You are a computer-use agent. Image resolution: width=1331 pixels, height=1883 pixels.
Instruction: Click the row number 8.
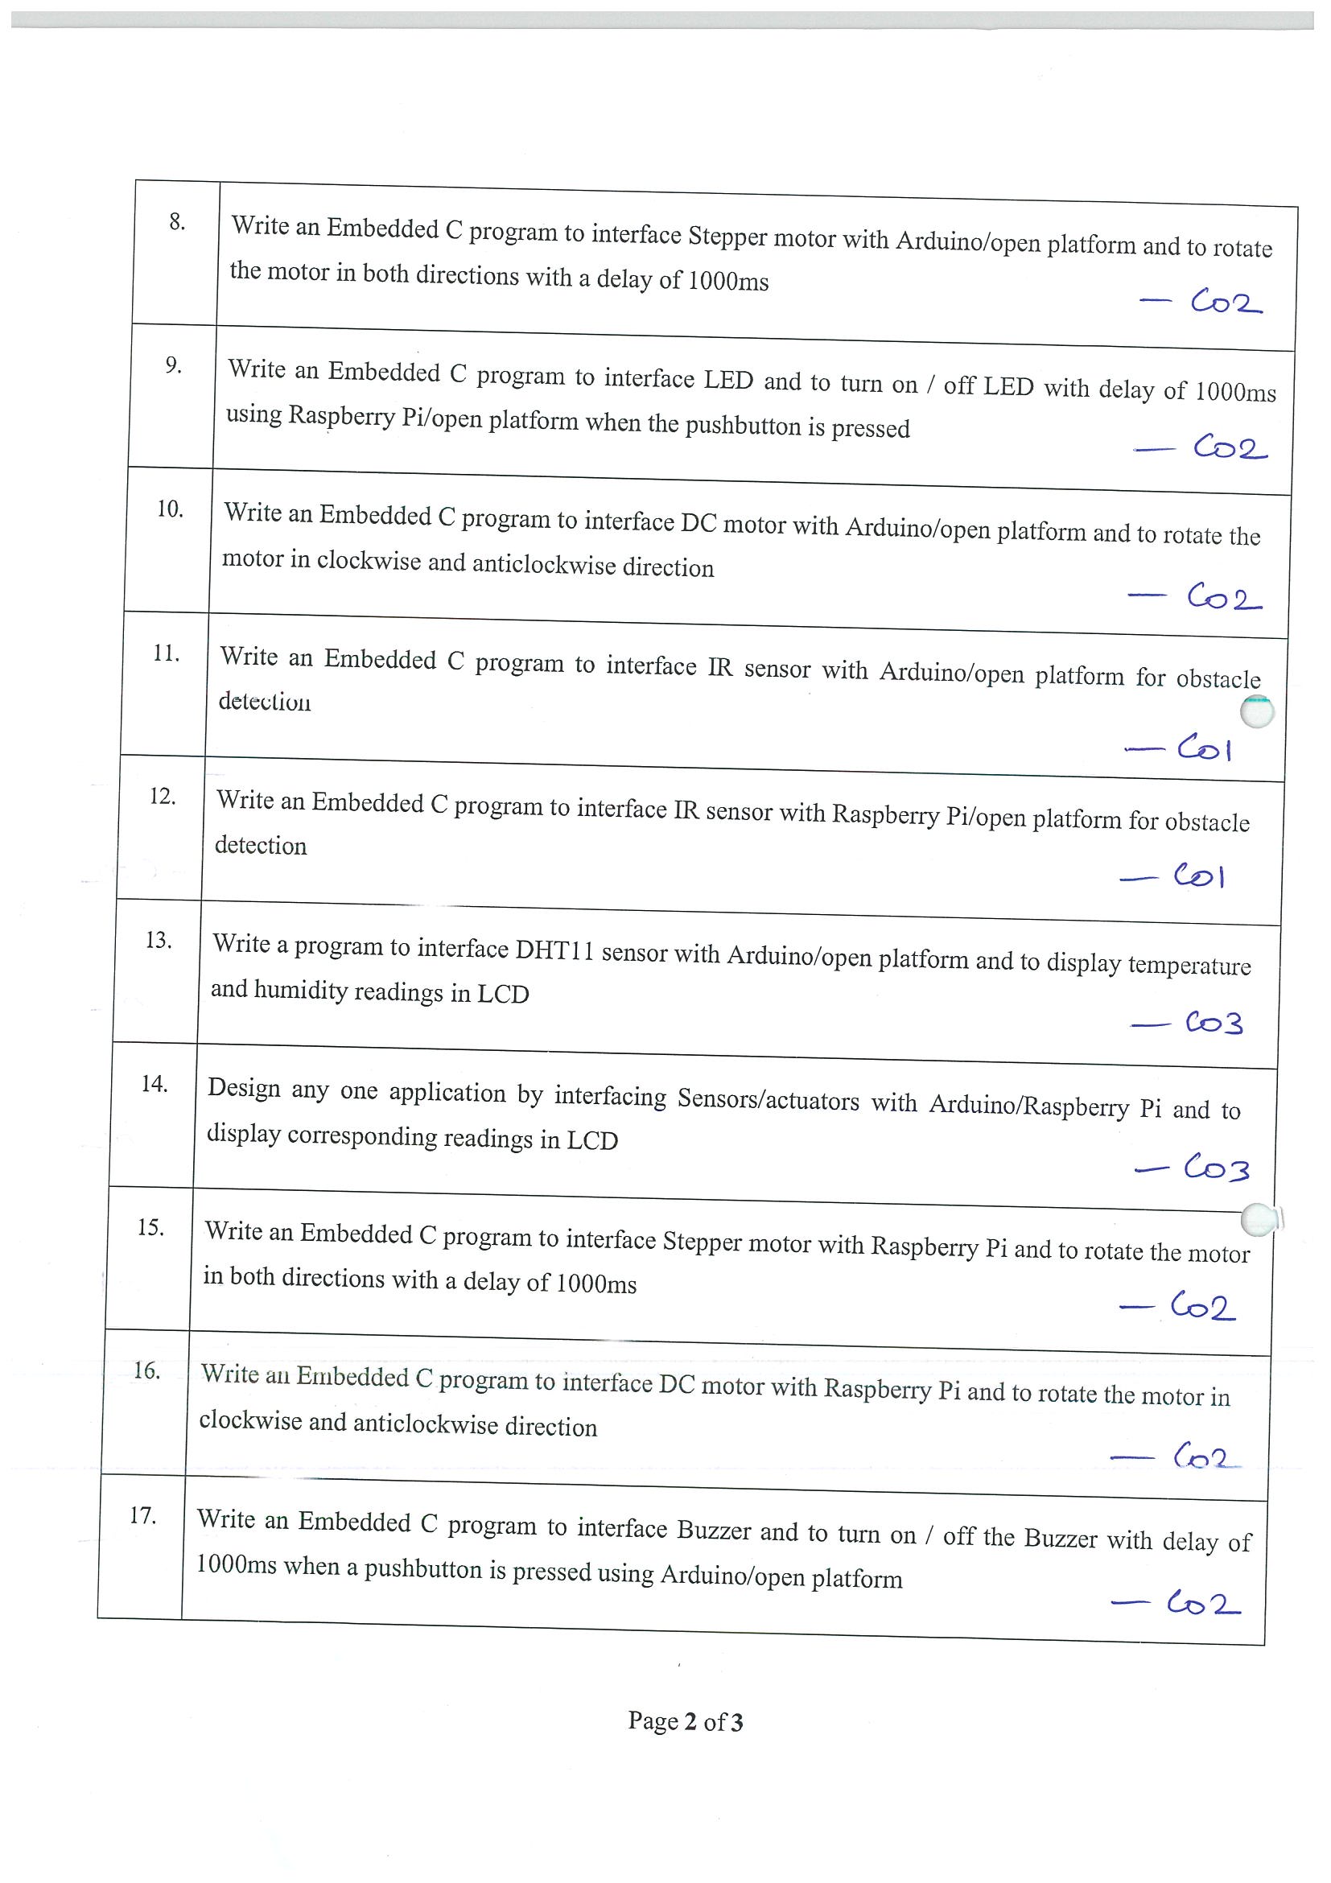177,221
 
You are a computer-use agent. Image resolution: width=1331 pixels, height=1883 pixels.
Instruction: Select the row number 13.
159,941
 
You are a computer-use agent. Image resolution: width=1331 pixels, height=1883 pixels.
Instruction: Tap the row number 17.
142,1515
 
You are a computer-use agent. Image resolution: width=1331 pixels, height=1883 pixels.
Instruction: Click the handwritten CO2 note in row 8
1226,303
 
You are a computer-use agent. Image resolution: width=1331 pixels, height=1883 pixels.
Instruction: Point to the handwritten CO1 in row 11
1203,748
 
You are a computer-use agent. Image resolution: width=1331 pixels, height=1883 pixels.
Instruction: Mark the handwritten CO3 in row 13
1213,1023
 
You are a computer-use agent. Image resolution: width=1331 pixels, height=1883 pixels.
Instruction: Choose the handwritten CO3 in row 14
1215,1168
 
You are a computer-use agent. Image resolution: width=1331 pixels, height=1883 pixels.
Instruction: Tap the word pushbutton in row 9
743,425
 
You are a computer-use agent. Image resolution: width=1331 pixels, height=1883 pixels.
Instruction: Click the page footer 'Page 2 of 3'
686,1721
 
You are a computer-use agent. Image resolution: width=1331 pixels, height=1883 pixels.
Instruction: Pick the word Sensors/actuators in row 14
768,1099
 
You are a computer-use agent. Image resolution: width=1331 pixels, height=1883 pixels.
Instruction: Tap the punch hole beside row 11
1256,711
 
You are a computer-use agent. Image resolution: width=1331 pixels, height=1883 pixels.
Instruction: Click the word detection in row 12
261,845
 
